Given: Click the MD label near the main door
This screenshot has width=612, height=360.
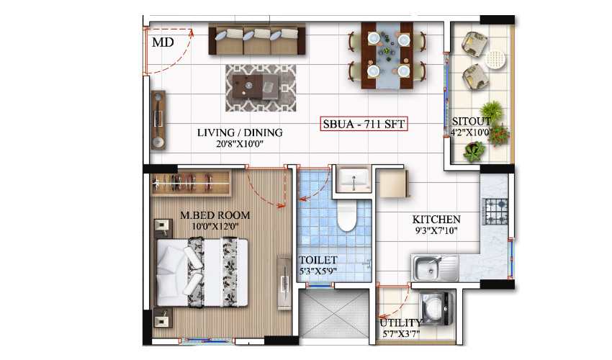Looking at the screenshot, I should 163,42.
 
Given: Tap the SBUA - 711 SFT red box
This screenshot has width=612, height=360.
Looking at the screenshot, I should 364,125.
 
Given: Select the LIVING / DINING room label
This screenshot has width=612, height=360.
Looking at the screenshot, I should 240,132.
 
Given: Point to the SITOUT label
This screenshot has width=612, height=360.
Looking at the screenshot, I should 472,121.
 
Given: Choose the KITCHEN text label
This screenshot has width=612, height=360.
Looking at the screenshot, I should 436,220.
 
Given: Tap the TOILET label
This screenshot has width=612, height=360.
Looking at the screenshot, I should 318,260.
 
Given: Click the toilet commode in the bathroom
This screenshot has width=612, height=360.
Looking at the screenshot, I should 347,215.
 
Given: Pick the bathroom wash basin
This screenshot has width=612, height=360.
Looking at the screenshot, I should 353,179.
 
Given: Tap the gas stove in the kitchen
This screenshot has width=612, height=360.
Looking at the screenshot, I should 495,211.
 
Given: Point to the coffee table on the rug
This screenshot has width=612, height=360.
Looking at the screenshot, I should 259,87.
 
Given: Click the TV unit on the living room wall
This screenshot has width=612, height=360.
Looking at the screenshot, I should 158,120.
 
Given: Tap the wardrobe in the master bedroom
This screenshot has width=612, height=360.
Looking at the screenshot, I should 191,184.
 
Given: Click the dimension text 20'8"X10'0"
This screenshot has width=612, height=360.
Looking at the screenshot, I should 240,144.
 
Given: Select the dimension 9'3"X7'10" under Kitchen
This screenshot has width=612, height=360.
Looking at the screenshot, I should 436,231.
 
